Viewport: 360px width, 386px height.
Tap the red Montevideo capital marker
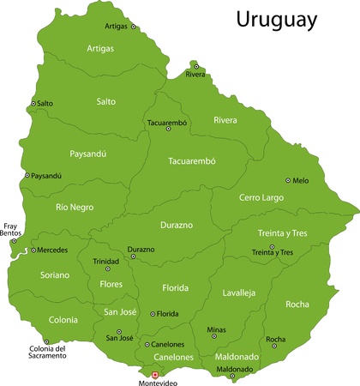pos(155,375)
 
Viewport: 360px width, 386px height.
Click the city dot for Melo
pos(288,180)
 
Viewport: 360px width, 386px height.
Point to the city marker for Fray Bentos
pos(15,242)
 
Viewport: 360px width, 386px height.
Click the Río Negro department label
pos(75,207)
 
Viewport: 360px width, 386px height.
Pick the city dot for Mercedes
pos(33,250)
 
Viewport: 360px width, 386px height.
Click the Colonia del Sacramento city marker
pos(46,341)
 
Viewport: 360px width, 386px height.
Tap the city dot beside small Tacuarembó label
pos(168,130)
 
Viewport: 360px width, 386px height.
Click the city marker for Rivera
pos(196,66)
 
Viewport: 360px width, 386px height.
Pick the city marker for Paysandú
pos(28,175)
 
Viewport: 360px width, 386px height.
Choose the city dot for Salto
pos(34,103)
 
